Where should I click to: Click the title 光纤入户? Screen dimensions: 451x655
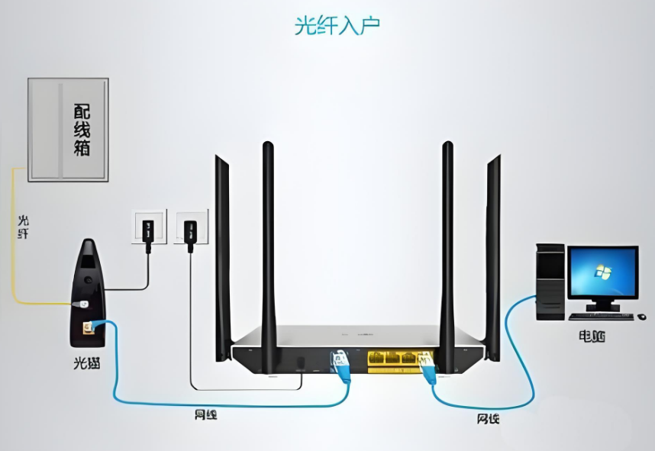click(x=337, y=25)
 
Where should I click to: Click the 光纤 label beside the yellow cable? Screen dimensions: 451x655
click(x=24, y=227)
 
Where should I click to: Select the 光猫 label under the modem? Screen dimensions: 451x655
click(x=87, y=364)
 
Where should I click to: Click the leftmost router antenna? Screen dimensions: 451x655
click(x=223, y=252)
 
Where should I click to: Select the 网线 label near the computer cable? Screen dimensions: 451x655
click(x=489, y=418)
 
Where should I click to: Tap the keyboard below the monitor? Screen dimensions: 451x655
click(x=602, y=315)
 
